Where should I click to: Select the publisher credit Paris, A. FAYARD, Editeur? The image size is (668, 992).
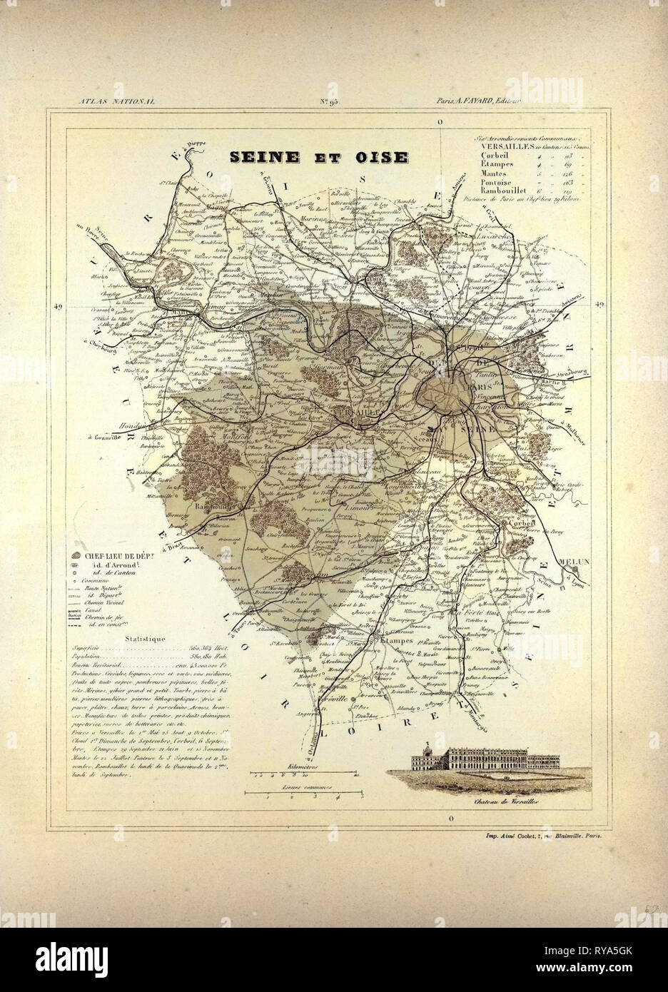479,102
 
